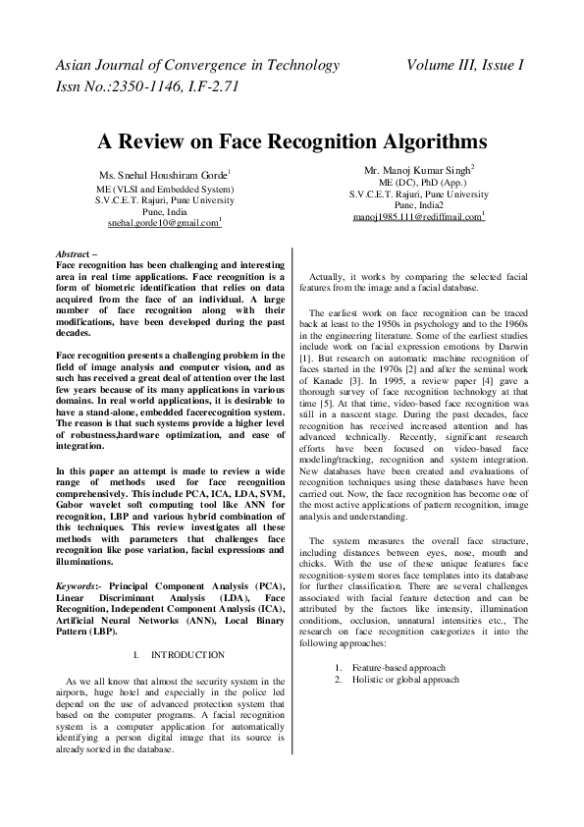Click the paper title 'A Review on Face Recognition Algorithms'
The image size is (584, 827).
292,140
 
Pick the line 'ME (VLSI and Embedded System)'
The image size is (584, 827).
164,189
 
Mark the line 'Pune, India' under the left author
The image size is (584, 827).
164,211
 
